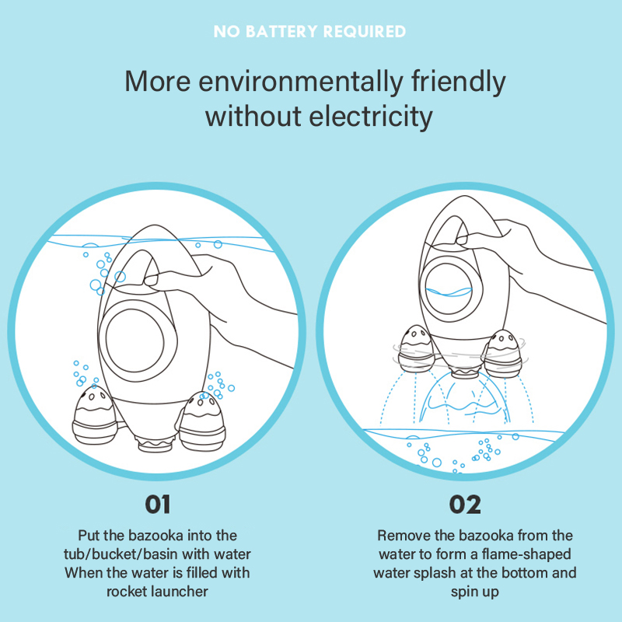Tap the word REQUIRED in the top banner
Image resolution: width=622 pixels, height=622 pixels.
click(x=365, y=31)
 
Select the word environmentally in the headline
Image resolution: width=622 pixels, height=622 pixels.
click(x=300, y=82)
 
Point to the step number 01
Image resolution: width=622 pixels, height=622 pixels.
click(x=158, y=505)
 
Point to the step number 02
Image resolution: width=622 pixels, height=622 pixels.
click(x=465, y=505)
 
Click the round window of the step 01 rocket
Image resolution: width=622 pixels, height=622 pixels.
click(x=135, y=341)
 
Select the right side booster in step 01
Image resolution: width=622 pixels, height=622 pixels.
click(x=202, y=421)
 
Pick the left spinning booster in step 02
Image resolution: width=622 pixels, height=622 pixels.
click(x=416, y=348)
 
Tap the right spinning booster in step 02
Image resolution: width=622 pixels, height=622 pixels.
click(x=503, y=354)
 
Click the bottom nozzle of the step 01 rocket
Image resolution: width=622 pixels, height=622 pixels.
click(x=156, y=443)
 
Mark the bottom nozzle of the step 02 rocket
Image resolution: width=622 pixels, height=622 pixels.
click(x=465, y=373)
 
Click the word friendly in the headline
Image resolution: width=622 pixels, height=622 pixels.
click(x=458, y=82)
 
